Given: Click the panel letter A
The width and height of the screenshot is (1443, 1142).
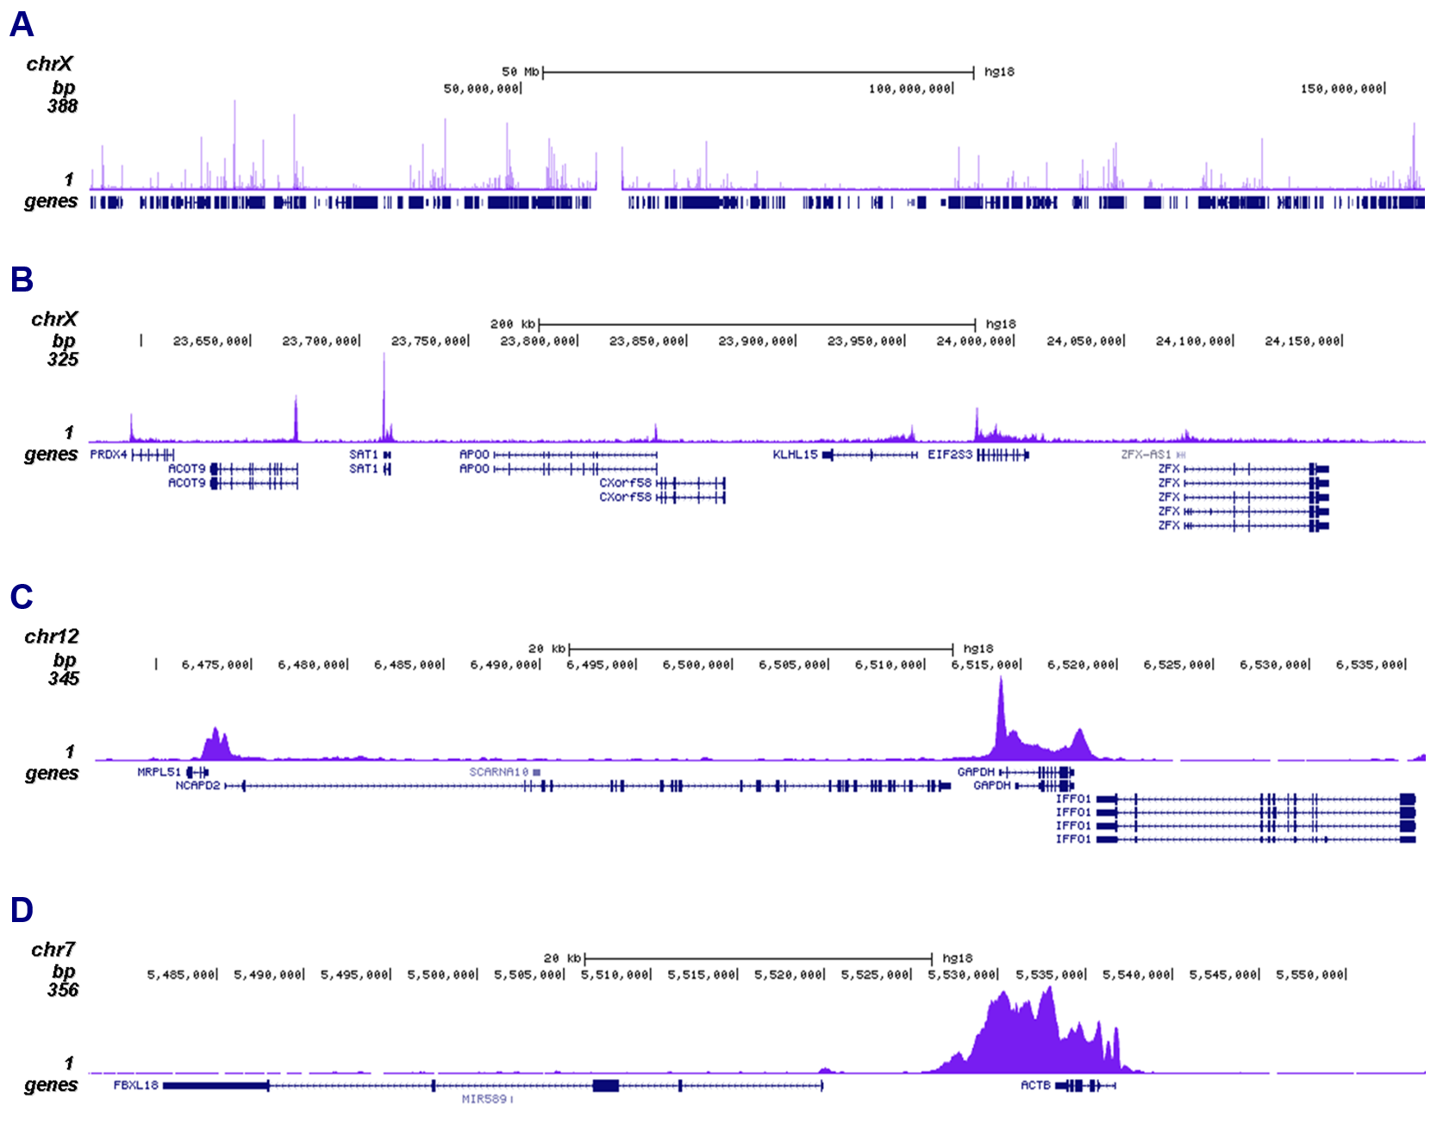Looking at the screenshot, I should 22,24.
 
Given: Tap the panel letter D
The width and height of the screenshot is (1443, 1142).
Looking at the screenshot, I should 22,910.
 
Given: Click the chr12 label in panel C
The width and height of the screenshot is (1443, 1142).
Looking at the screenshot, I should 52,637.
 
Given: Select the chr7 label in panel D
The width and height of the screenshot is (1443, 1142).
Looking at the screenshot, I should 53,950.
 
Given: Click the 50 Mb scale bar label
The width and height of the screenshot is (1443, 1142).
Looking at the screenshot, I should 520,72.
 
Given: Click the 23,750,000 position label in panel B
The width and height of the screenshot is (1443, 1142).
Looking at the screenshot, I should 429,342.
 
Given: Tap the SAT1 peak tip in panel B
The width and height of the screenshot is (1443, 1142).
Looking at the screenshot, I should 384,355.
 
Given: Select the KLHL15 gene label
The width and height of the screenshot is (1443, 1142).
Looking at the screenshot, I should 794,455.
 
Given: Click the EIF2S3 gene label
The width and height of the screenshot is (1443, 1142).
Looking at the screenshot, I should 949,455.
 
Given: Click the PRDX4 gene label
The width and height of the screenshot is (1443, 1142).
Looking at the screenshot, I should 109,455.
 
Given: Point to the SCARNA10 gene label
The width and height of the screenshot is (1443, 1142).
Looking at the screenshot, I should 498,772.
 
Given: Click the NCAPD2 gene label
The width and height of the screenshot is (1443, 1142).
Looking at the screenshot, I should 197,786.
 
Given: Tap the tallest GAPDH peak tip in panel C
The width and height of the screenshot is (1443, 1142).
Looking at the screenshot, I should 1001,679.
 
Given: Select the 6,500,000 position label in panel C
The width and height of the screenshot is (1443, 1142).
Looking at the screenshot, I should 697,665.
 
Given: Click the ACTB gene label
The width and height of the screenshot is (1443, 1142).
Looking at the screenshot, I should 1035,1085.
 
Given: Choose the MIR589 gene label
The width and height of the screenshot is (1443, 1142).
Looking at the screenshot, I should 484,1099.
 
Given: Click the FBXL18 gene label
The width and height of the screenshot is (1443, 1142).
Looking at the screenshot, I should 135,1085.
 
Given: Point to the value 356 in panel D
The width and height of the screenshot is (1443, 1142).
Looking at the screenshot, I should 63,990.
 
